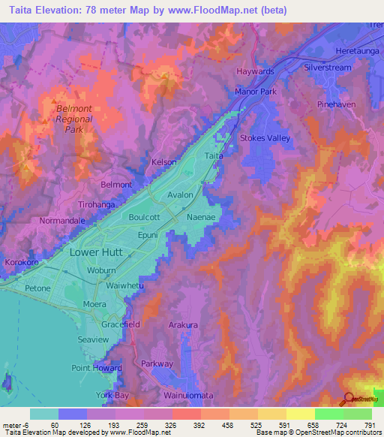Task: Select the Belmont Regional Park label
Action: tap(74, 119)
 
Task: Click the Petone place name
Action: tap(35, 288)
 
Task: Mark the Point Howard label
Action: tap(91, 368)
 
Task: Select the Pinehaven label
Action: tap(335, 104)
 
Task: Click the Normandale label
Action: tap(41, 222)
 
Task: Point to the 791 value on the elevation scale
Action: tap(361, 424)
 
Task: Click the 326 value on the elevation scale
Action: tap(160, 424)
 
